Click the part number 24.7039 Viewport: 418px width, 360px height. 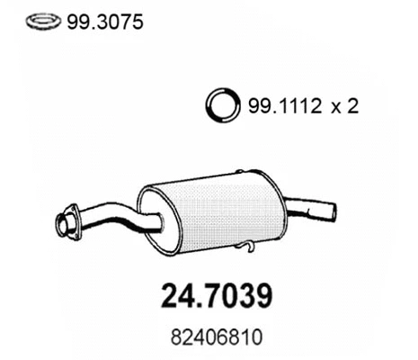tap(209, 295)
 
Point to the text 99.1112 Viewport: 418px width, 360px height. tap(278, 107)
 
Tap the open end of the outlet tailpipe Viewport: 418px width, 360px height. tap(332, 213)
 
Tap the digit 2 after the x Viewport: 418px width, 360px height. tap(352, 107)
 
